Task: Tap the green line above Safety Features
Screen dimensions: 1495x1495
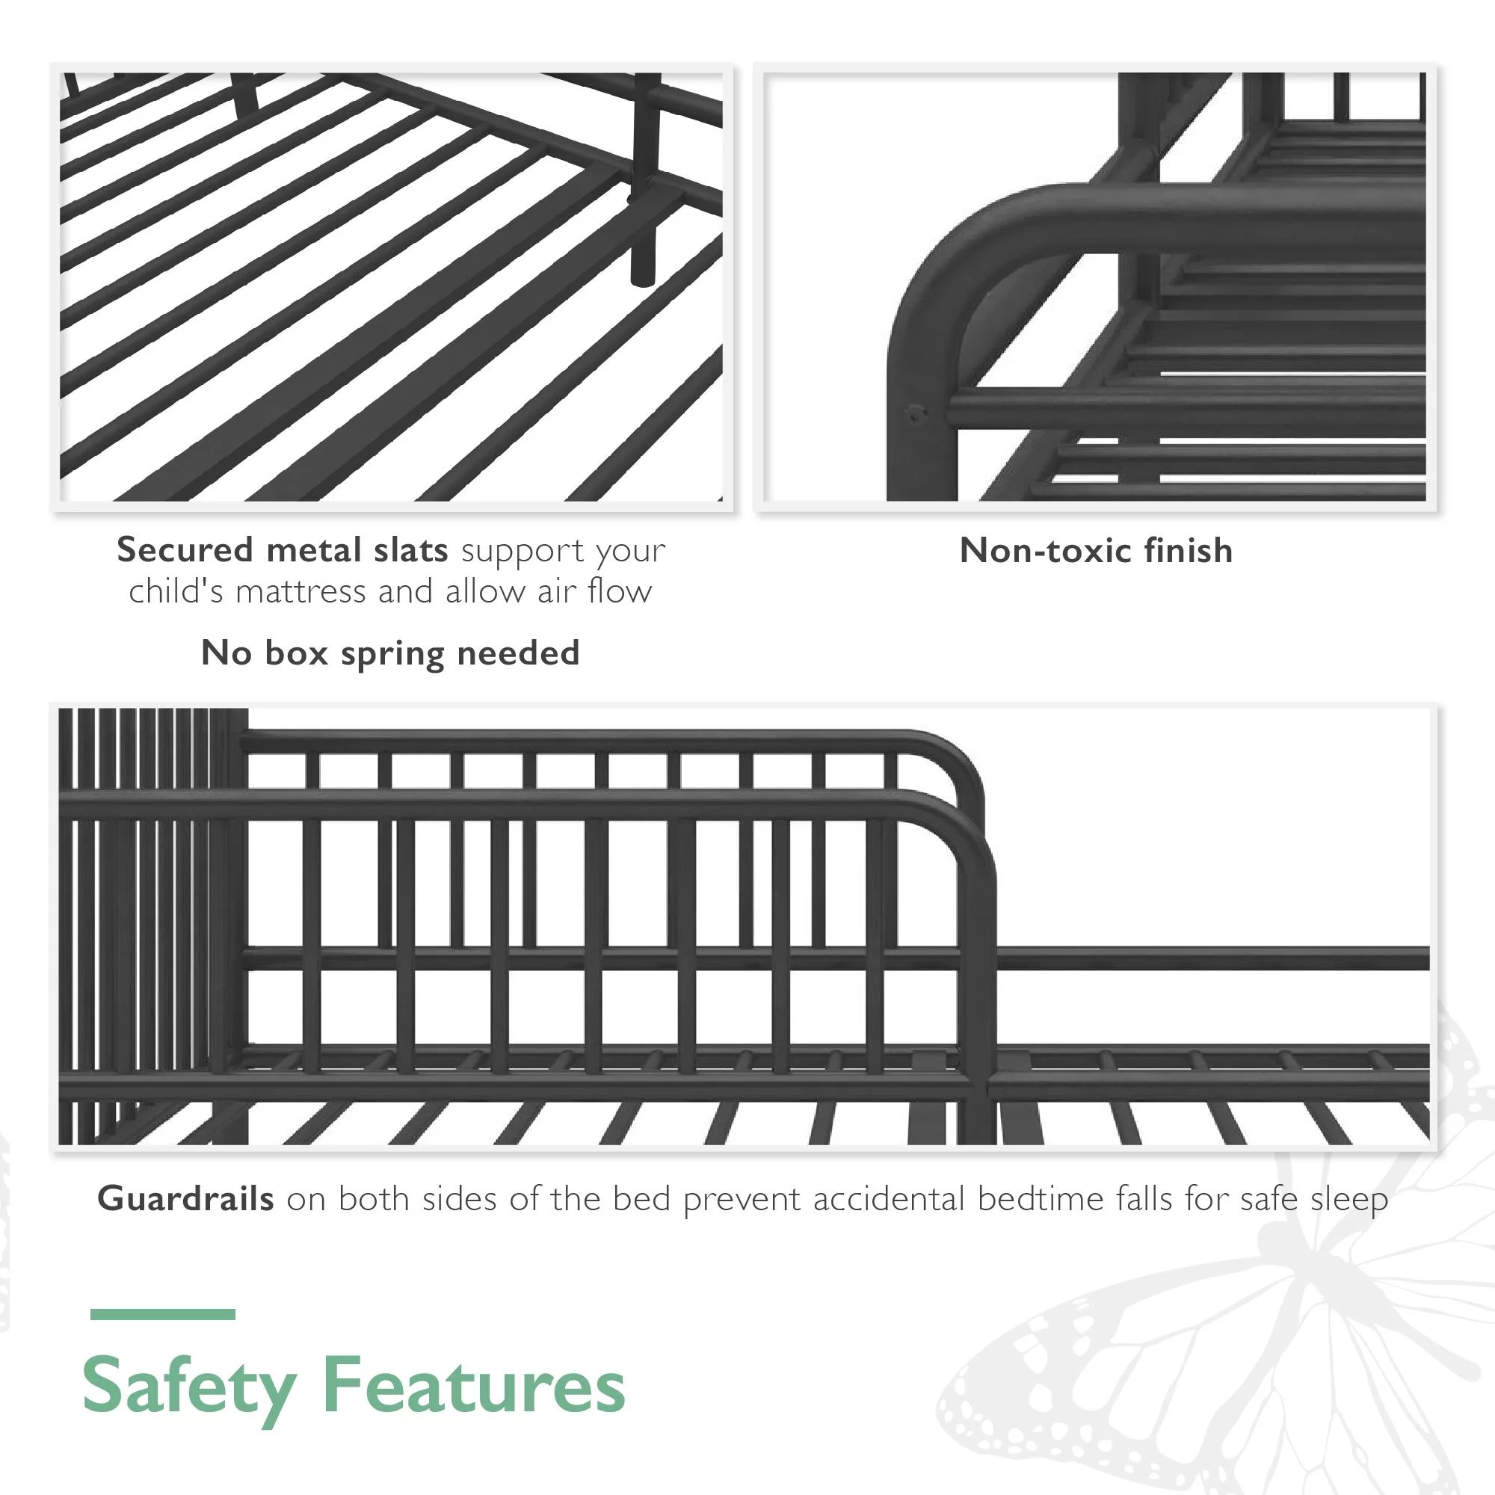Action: tap(162, 1314)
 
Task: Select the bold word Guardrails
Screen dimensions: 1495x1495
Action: tap(185, 1199)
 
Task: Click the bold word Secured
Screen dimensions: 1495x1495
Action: tap(185, 549)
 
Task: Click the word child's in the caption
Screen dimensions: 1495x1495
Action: tap(176, 592)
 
